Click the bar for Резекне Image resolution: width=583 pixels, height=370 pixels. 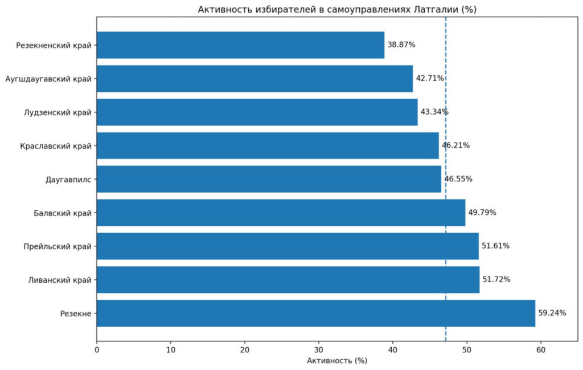(315, 314)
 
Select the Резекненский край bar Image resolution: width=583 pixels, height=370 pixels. (241, 45)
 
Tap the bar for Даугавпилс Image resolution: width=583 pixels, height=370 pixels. (269, 179)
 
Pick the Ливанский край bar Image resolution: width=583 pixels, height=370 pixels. (288, 279)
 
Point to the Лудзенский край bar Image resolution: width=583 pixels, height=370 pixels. (257, 112)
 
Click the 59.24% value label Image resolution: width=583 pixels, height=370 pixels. (552, 313)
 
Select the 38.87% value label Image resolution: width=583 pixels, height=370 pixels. (401, 44)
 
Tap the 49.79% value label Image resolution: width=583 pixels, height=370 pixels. (482, 213)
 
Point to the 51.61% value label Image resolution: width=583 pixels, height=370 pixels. (496, 246)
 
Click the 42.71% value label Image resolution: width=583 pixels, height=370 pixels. (430, 78)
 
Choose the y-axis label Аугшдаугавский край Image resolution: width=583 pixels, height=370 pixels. (48, 79)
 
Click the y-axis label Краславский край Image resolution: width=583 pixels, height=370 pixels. (56, 146)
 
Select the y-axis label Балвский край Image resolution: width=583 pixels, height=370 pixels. (63, 213)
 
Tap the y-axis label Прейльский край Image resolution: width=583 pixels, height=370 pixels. (58, 246)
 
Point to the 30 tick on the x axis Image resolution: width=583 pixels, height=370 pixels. (319, 350)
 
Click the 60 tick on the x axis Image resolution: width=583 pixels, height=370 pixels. (541, 350)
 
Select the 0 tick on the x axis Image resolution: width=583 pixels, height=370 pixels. (97, 350)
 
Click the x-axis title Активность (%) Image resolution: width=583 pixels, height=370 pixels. (337, 361)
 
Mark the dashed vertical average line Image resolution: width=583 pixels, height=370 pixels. (445, 179)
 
